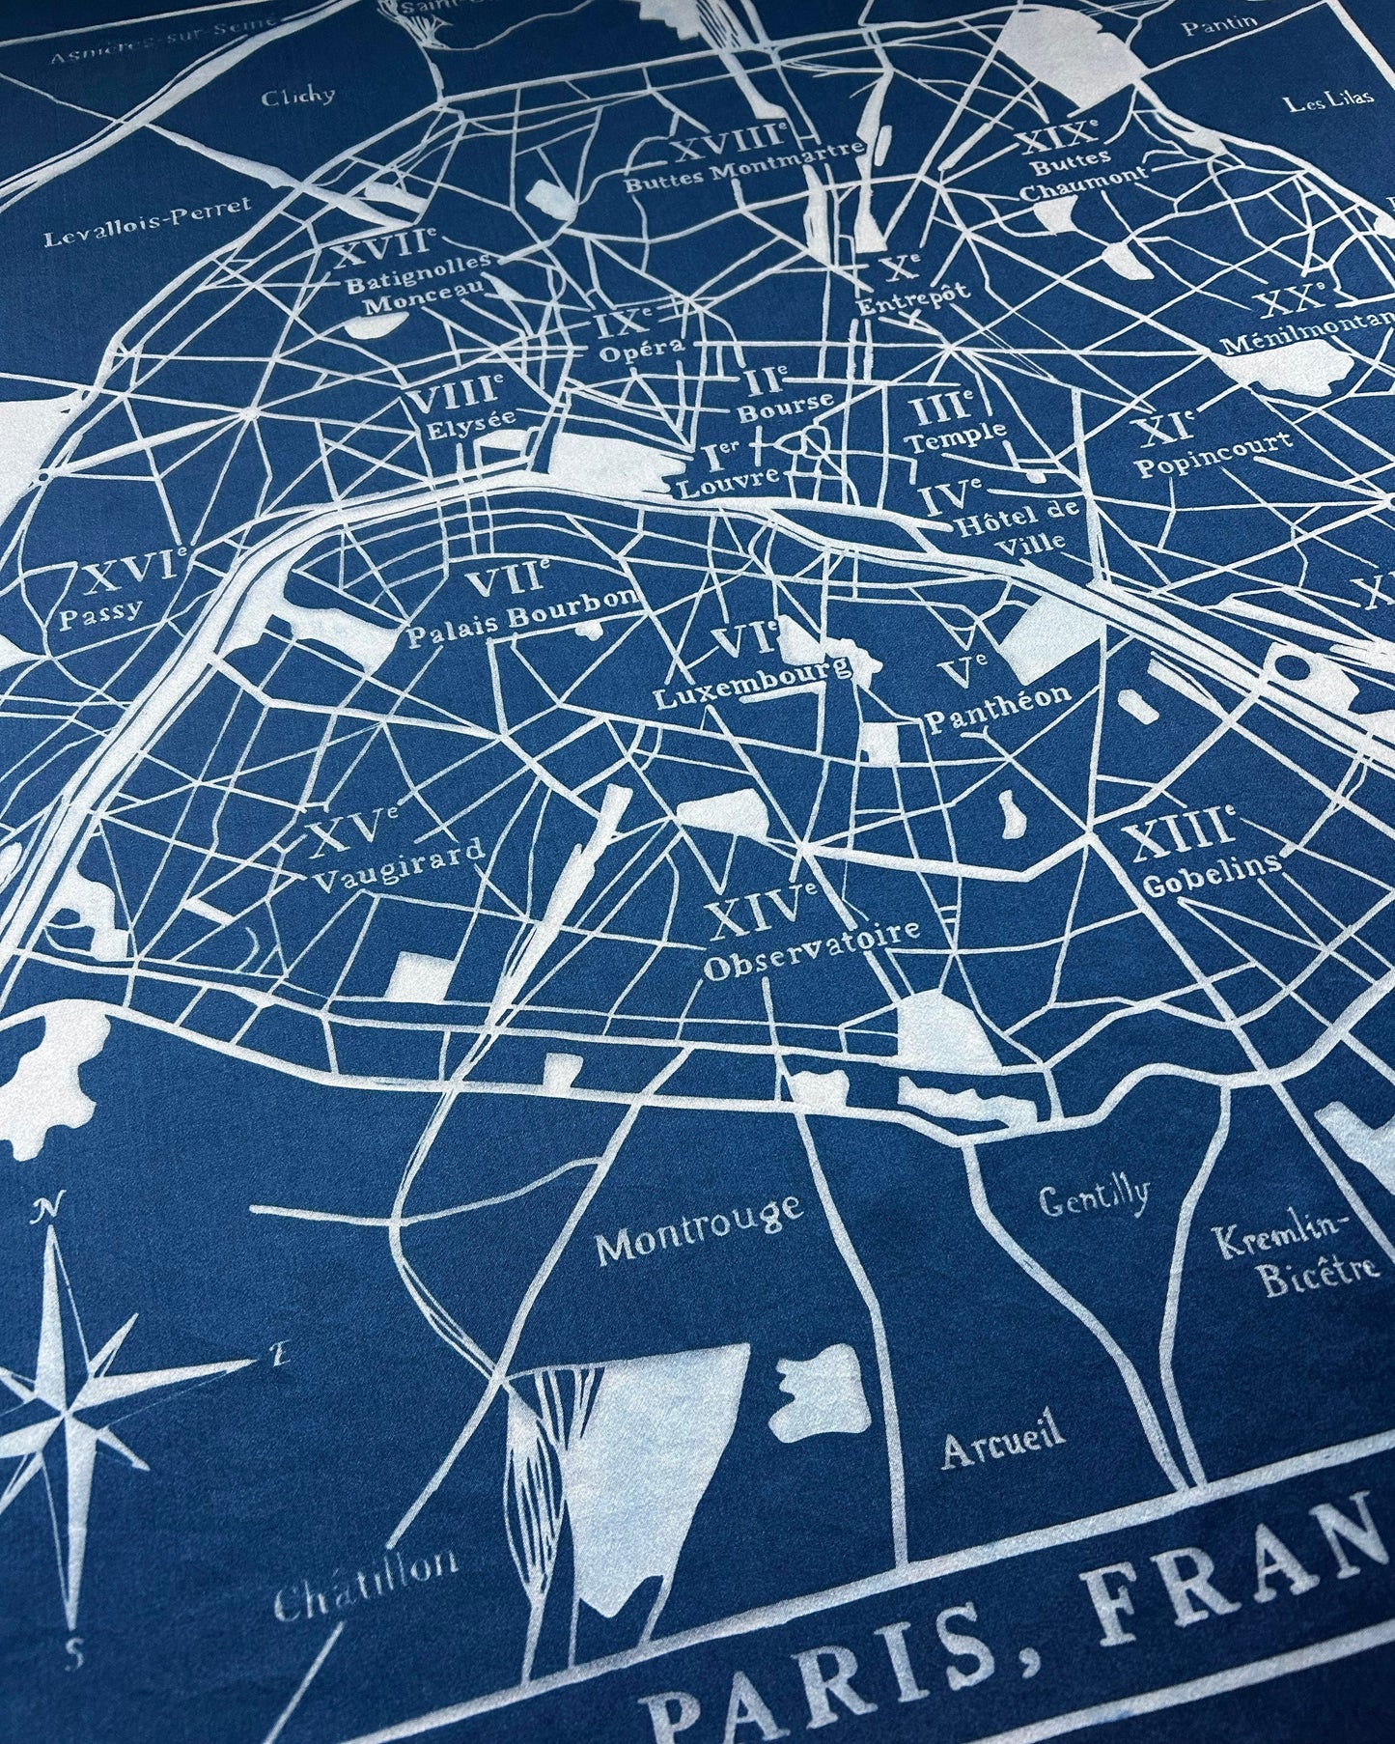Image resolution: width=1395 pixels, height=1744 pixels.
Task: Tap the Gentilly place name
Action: [1094, 1198]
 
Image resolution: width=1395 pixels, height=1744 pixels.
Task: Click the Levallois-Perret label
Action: [148, 221]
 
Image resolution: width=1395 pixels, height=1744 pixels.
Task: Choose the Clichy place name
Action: [298, 96]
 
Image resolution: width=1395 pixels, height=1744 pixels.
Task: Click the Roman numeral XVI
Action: [130, 576]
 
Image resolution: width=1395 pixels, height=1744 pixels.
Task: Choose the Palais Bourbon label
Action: [524, 617]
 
